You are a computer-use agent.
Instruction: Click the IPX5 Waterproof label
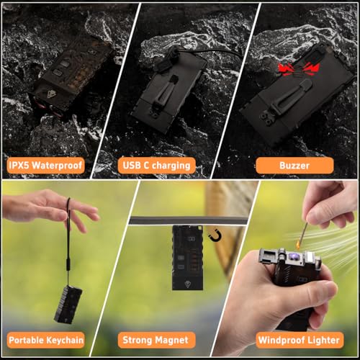point(45,166)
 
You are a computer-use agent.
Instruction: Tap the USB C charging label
point(156,166)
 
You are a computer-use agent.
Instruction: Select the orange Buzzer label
point(294,166)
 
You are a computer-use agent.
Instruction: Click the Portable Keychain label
point(45,340)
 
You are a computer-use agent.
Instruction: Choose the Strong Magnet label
point(156,340)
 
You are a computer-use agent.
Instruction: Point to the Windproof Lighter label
point(300,340)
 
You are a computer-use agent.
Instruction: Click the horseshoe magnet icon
point(215,235)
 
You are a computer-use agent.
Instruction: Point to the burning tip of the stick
point(299,245)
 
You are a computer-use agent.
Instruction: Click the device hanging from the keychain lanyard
point(68,304)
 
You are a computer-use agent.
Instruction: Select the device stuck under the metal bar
point(188,258)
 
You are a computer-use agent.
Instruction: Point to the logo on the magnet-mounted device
point(187,284)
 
